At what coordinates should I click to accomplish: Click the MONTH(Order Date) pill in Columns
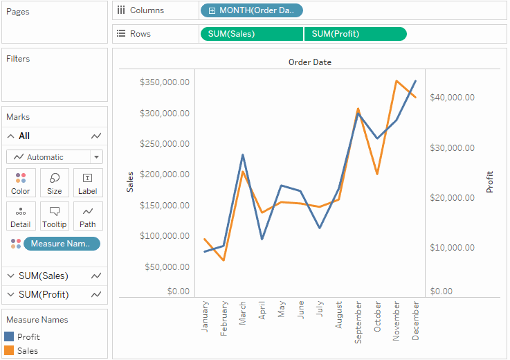[251, 10]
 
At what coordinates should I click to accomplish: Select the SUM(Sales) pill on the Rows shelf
[251, 34]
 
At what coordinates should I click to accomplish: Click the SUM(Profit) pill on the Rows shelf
[355, 34]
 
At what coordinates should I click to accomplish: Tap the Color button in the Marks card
[21, 183]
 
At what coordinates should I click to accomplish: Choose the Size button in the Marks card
[55, 183]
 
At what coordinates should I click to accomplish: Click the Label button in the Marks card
[88, 183]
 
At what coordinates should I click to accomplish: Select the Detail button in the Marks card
[21, 216]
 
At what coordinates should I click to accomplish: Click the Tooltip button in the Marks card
[55, 216]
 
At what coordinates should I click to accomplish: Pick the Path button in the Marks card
[88, 216]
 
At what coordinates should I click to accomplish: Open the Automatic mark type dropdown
[55, 157]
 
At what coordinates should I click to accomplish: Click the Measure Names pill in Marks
[62, 244]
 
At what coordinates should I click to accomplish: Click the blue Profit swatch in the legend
[9, 336]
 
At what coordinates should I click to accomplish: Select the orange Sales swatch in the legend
[9, 351]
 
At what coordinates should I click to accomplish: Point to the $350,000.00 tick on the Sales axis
[164, 82]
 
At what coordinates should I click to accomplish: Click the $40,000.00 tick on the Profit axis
[452, 98]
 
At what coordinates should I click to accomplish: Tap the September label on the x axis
[358, 321]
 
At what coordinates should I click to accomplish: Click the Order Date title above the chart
[309, 62]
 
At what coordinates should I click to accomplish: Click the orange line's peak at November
[396, 81]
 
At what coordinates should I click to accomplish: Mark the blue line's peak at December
[415, 81]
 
